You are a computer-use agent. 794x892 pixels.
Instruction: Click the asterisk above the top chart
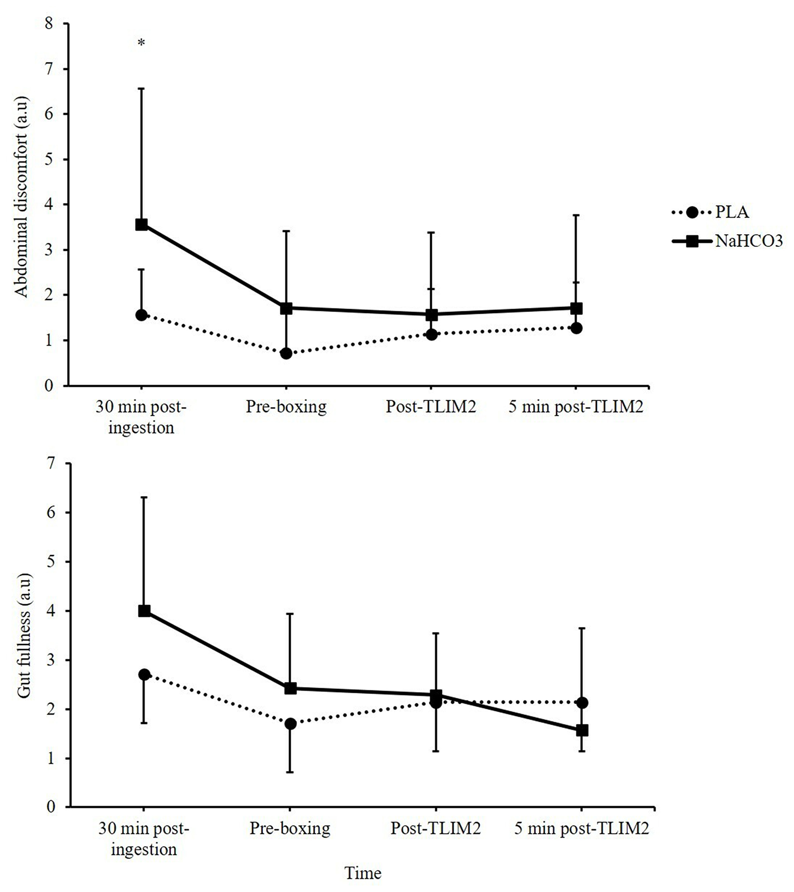tap(141, 43)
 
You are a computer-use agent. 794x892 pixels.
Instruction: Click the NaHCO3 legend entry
tap(728, 241)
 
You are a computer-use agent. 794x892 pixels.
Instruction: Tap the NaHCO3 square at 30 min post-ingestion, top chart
tap(142, 225)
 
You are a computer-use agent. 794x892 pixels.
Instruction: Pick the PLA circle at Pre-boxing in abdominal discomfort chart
tap(286, 353)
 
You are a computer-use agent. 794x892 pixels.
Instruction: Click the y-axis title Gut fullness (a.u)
tap(24, 636)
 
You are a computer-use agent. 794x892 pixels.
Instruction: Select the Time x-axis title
tap(363, 872)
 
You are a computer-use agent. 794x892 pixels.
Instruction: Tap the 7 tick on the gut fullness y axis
tap(53, 463)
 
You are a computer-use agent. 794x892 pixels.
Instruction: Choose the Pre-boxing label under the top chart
tap(286, 407)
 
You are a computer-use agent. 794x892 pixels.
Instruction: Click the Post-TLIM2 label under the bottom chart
tap(436, 828)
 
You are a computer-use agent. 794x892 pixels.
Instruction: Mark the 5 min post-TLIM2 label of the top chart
tap(576, 407)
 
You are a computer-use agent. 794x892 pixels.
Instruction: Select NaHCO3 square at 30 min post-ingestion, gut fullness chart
tap(144, 611)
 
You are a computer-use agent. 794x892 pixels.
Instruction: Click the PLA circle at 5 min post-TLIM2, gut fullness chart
tap(582, 703)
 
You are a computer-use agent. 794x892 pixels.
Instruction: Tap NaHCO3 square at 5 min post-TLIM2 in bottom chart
tap(582, 730)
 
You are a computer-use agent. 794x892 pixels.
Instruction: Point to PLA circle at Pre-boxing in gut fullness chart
tap(290, 723)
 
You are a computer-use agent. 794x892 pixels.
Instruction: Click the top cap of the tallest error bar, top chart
tap(142, 88)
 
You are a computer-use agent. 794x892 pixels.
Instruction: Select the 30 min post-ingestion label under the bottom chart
tap(144, 838)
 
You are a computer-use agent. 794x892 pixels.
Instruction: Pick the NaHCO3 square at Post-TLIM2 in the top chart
tap(431, 315)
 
